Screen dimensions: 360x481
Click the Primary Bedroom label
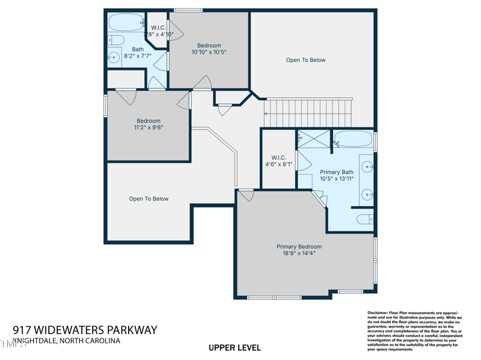pyautogui.click(x=299, y=246)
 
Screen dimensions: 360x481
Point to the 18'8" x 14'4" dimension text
pyautogui.click(x=299, y=254)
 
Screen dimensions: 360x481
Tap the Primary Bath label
pyautogui.click(x=337, y=172)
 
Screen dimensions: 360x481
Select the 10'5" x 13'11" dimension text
pyautogui.click(x=337, y=178)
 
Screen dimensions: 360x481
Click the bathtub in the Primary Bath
pyautogui.click(x=353, y=139)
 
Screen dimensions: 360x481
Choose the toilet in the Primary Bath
pyautogui.click(x=365, y=219)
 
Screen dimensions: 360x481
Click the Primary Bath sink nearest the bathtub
pyautogui.click(x=367, y=166)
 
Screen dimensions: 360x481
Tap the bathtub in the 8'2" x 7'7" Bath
pyautogui.click(x=126, y=23)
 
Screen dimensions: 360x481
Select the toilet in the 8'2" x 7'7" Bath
pyautogui.click(x=115, y=40)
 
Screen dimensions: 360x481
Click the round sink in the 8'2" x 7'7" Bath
pyautogui.click(x=114, y=58)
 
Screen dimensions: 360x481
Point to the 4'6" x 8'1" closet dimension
pyautogui.click(x=278, y=164)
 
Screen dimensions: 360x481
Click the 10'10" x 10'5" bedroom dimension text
pyautogui.click(x=209, y=52)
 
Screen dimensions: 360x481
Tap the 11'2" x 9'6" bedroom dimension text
pyautogui.click(x=149, y=127)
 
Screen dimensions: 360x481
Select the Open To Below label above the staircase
pyautogui.click(x=305, y=60)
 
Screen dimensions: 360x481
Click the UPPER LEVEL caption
pyautogui.click(x=234, y=347)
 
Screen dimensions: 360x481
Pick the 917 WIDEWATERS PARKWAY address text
pyautogui.click(x=85, y=330)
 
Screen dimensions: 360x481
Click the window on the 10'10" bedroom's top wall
pyautogui.click(x=188, y=10)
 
